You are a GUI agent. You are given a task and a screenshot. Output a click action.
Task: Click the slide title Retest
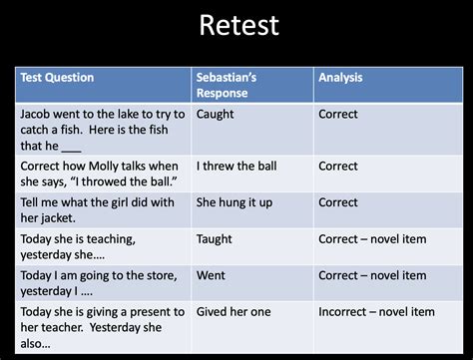(x=238, y=27)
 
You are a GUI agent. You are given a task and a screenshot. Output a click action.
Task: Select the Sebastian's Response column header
(x=228, y=85)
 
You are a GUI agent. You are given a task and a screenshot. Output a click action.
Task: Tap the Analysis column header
(x=340, y=78)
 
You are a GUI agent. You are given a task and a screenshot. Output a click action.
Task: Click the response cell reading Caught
(x=216, y=114)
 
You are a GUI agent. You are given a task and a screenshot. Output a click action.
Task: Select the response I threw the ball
(x=236, y=166)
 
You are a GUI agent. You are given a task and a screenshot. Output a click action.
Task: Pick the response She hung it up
(x=234, y=202)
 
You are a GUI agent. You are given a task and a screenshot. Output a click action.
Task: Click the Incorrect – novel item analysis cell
(x=376, y=311)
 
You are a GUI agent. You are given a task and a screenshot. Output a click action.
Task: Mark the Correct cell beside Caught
(x=338, y=114)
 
